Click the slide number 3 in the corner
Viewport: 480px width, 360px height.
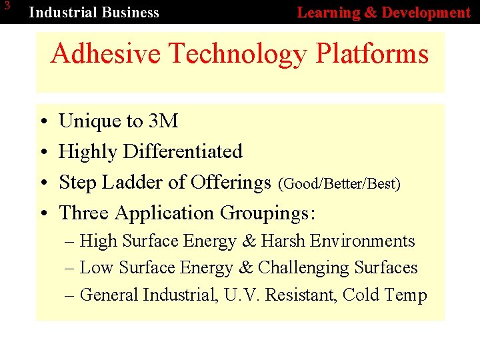point(7,7)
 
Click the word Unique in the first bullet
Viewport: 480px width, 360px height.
point(91,121)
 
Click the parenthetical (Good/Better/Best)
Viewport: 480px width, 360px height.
point(339,183)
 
